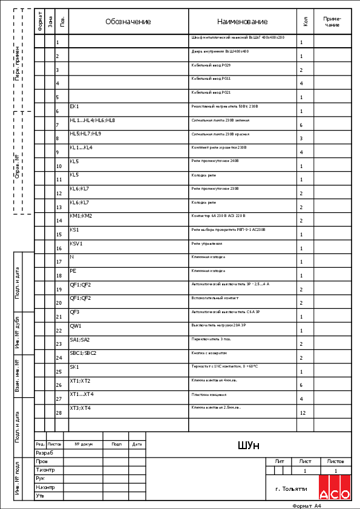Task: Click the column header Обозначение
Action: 128,22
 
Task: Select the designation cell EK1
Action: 75,106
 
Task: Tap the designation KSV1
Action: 76,244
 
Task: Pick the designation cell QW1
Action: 76,326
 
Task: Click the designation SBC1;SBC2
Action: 83,353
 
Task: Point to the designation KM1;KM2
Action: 81,216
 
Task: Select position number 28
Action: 59,413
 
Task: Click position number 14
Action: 59,221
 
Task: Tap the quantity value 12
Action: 301,413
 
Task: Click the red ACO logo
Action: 335,487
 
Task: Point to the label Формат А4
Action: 306,505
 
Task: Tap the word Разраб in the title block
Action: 45,452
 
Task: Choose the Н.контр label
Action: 45,487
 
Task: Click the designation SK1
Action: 74,367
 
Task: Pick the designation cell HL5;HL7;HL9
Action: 85,134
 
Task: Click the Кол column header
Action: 305,22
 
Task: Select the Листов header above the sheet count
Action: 335,461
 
